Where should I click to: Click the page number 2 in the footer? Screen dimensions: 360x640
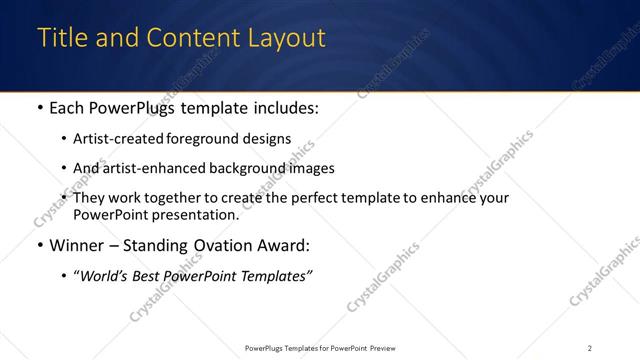click(589, 348)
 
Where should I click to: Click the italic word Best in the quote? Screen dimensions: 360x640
click(146, 275)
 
